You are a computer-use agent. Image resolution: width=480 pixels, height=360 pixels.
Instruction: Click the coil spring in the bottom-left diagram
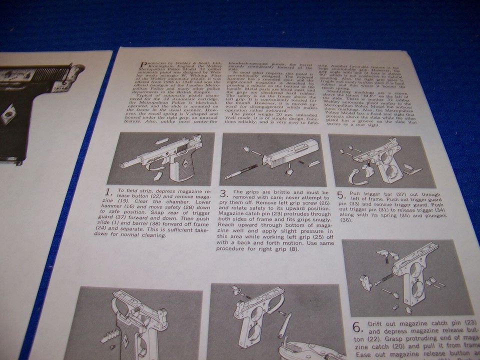coord(108,335)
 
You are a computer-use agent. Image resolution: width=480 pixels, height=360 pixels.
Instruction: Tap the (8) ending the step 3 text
coord(295,248)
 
